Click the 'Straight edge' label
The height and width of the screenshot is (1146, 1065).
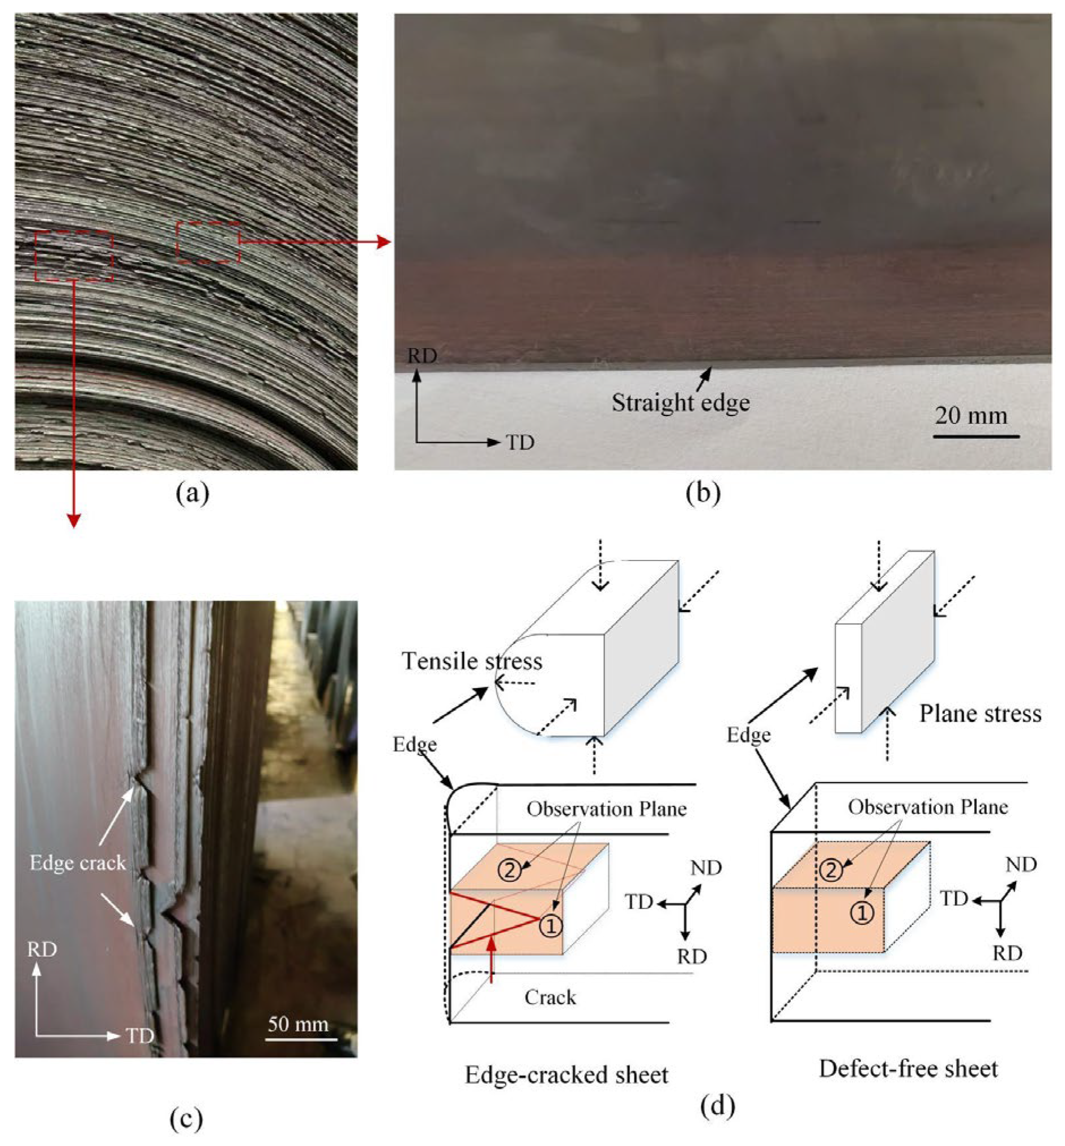(x=680, y=403)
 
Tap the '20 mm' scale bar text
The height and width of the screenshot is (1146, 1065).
(x=971, y=415)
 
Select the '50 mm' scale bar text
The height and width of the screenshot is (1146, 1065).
(x=298, y=1023)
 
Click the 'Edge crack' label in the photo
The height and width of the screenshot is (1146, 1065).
(x=78, y=863)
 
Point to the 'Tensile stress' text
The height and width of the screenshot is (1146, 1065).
(x=472, y=661)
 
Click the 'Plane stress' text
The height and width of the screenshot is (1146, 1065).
(x=980, y=714)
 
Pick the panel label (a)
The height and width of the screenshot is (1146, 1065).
(x=193, y=493)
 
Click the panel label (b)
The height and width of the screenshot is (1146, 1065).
(x=704, y=493)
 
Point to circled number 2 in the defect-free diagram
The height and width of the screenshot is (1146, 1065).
(x=830, y=869)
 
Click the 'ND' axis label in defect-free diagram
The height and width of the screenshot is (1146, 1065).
(x=1021, y=864)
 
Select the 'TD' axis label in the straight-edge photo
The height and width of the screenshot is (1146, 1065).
(x=521, y=442)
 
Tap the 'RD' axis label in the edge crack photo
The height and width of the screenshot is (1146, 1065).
(x=42, y=949)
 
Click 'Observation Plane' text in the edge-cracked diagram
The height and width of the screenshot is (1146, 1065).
(x=606, y=809)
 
